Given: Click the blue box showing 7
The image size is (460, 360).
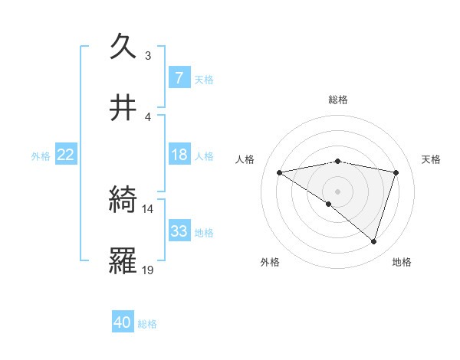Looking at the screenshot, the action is point(179,77).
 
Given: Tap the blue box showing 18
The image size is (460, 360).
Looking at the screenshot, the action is point(179,155).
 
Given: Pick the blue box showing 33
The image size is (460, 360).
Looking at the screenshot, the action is point(179,231).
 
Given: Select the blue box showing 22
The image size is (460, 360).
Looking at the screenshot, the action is point(66,155).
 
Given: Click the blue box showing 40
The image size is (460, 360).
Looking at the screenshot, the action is point(123,323).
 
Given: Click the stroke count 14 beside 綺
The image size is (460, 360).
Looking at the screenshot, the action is point(148,208).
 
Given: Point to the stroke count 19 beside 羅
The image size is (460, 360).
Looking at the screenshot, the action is point(148,270).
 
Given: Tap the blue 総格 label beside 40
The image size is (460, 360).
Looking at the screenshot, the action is point(147,324).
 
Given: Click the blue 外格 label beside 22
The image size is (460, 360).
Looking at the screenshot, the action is point(41,155).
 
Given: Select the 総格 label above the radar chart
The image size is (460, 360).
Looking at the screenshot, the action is point(338,100).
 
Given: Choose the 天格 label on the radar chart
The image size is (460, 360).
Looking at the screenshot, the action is point(431,159).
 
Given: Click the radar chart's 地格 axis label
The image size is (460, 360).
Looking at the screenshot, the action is point(402,263).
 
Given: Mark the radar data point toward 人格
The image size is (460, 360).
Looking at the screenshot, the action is point(280,172).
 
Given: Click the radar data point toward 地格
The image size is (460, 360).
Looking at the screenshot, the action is point(373,241).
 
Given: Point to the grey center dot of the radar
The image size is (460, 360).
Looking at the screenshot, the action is point(338,191).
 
